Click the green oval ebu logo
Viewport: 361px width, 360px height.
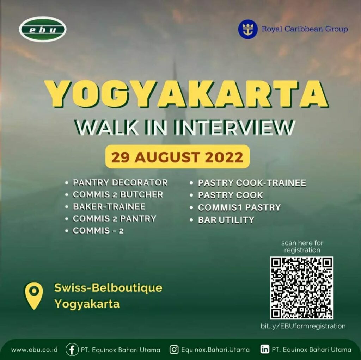[x=43, y=29]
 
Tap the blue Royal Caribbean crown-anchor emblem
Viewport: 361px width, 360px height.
[x=248, y=29]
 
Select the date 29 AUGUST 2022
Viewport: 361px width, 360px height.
[x=177, y=157]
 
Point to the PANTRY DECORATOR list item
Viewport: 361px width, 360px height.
[x=120, y=183]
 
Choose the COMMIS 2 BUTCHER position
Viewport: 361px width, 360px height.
[x=118, y=194]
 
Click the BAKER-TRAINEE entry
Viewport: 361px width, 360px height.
[x=109, y=206]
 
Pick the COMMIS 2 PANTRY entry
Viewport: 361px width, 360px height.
[x=115, y=218]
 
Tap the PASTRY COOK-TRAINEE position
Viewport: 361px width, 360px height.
[x=252, y=183]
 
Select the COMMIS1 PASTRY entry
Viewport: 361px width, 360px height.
[x=239, y=207]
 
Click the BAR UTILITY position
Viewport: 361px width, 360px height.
[x=226, y=220]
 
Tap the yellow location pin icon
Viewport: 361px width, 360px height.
[x=34, y=296]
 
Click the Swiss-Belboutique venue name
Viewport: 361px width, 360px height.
[x=108, y=288]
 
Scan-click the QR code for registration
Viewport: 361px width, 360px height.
[x=302, y=288]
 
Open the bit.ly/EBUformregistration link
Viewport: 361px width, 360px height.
[x=303, y=326]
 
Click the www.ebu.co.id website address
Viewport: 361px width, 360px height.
[x=34, y=350]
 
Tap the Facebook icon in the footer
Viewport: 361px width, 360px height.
[x=72, y=350]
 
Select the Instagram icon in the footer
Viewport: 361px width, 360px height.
[x=174, y=350]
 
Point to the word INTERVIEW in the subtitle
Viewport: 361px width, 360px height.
[x=234, y=128]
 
